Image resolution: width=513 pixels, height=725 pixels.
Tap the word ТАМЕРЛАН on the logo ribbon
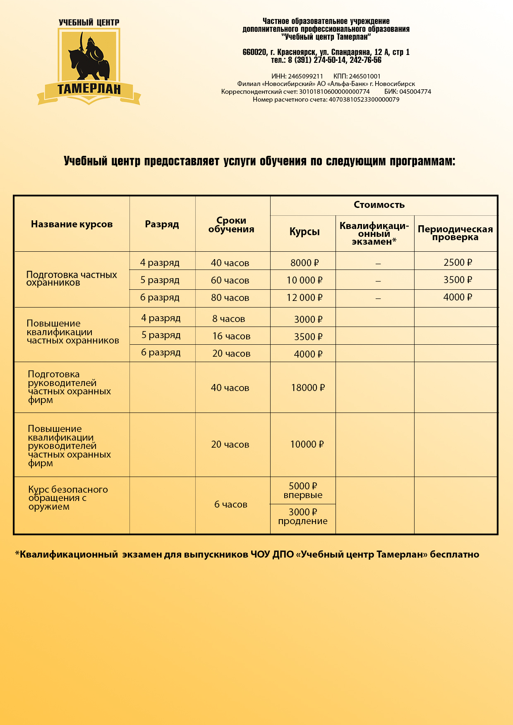point(89,89)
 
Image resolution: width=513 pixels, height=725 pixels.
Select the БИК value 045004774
point(415,92)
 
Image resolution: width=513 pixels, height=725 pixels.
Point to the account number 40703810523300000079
point(364,100)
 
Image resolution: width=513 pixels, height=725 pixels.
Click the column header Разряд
point(162,224)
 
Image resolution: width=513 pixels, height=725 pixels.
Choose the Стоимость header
point(379,205)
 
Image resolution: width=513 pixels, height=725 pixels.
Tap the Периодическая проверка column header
point(455,233)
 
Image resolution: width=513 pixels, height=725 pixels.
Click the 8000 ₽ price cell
point(304,263)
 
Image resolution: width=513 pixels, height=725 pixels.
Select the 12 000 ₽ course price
point(304,298)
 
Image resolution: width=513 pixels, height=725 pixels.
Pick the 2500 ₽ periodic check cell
point(458,262)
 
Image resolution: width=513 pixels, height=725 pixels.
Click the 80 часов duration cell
point(230,298)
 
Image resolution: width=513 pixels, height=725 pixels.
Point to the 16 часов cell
point(231,336)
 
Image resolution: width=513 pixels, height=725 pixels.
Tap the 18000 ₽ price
point(308,388)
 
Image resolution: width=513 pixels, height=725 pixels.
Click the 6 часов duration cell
point(231,505)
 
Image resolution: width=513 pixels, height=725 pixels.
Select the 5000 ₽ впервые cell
point(303,491)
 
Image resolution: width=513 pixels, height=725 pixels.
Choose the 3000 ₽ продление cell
point(303,517)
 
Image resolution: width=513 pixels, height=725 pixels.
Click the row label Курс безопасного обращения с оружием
point(68,498)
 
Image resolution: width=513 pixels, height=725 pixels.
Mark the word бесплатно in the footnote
point(454,555)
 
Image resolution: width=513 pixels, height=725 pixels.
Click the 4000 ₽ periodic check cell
point(458,297)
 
